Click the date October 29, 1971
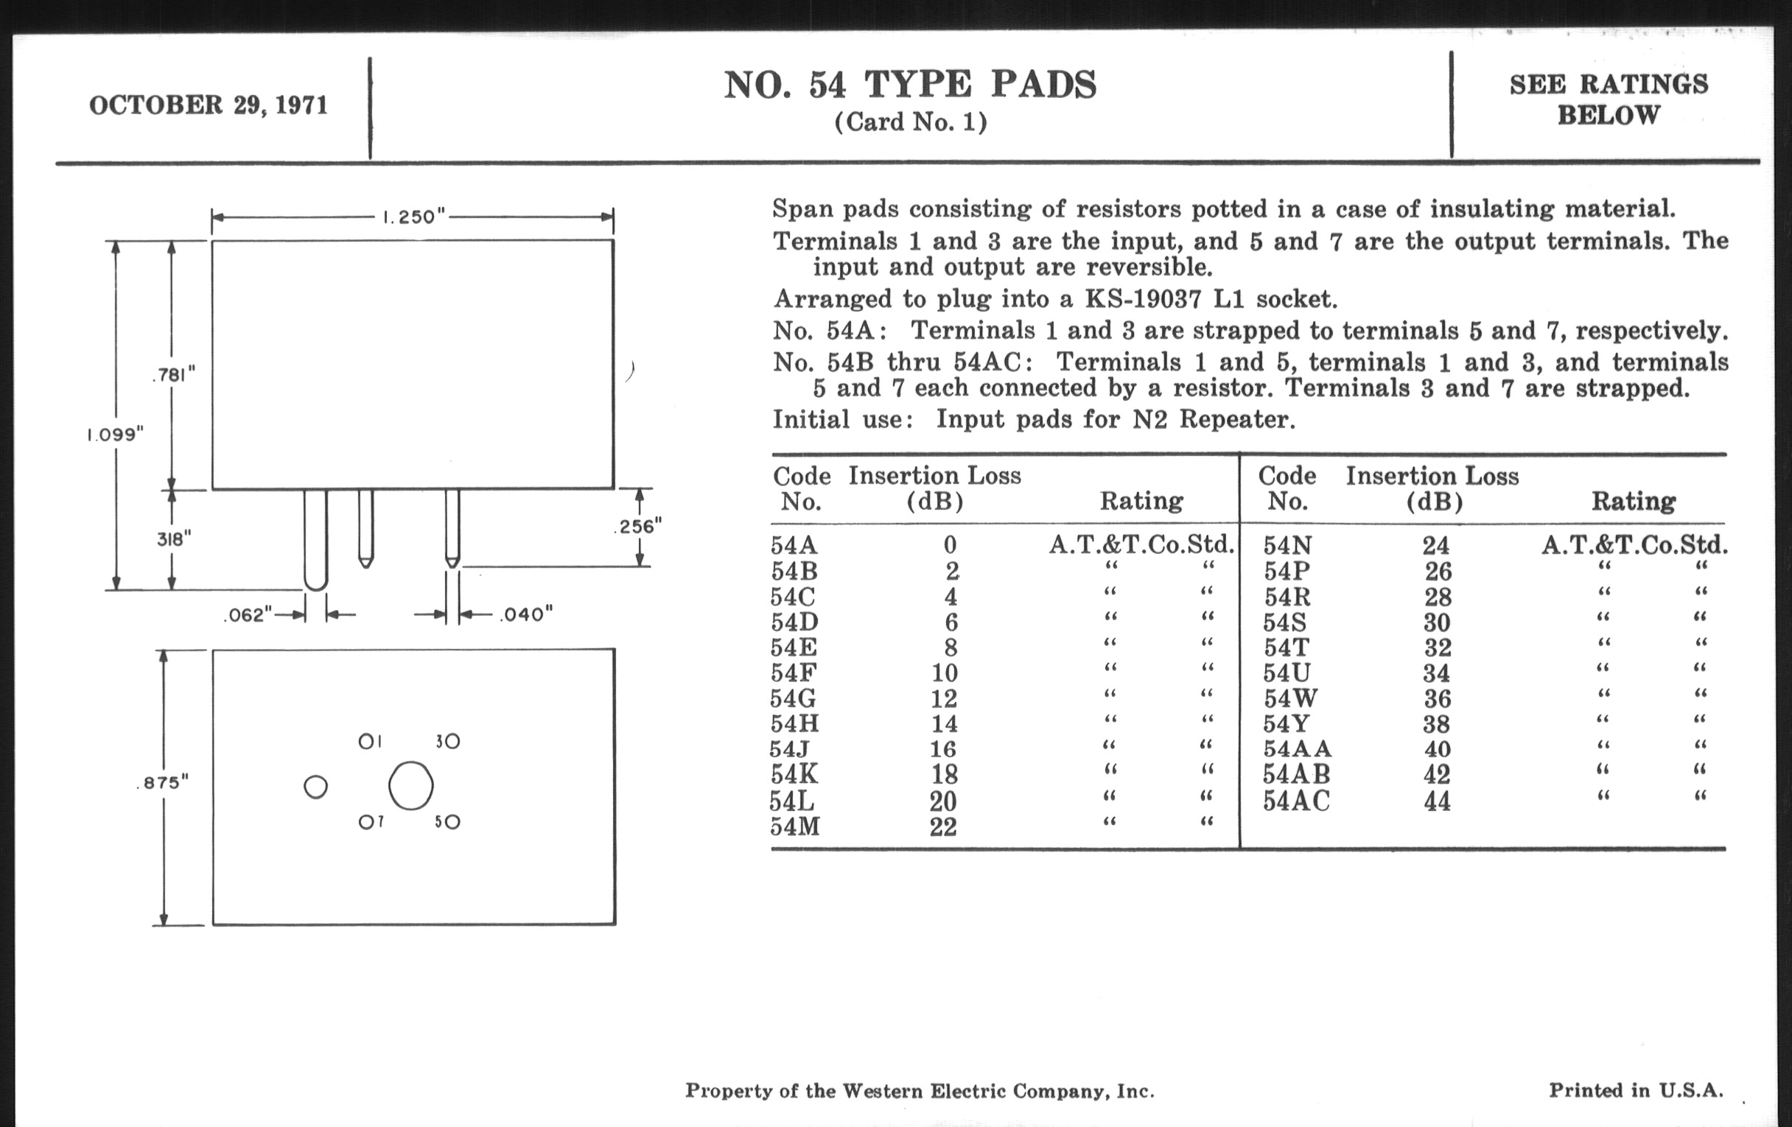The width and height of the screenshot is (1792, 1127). pos(209,105)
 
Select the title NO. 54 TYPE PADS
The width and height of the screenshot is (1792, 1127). pos(910,85)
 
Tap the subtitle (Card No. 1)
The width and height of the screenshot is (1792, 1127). pos(910,122)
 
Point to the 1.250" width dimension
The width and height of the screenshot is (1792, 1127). pos(413,217)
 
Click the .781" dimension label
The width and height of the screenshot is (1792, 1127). pos(173,374)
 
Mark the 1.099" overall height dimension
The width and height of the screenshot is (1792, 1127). pos(115,435)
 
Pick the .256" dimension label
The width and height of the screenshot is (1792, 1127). pos(638,527)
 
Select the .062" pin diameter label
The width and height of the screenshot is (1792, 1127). pos(248,615)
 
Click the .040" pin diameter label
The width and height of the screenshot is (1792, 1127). pos(526,614)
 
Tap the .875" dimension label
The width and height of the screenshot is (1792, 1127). pos(163,782)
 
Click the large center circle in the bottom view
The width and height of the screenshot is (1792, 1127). pos(411,785)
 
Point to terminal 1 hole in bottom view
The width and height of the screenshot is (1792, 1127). pos(366,741)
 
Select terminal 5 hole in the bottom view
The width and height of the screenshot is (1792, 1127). pos(452,822)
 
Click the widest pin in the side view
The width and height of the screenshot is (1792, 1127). pos(315,539)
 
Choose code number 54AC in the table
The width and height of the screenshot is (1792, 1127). pos(1295,801)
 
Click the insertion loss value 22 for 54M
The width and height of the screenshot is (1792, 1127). pos(943,826)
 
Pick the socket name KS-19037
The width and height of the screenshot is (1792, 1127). pos(1143,299)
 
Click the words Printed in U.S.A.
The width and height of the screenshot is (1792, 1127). pos(1636,1091)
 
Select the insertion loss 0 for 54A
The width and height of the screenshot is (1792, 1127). pos(950,545)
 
